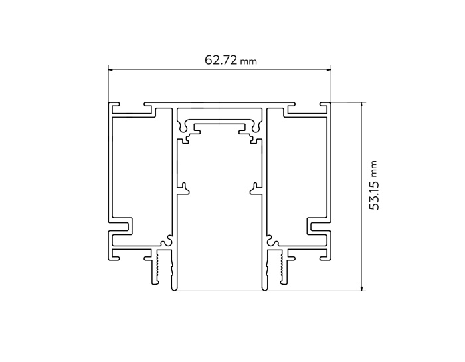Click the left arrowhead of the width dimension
tap(112, 69)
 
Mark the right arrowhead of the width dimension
tap(327, 69)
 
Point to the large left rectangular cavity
tap(134, 166)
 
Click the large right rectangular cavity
tap(306, 166)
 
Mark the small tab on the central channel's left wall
tap(184, 189)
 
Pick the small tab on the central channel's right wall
tap(255, 189)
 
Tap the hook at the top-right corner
tap(325, 106)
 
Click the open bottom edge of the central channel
tap(220, 290)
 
